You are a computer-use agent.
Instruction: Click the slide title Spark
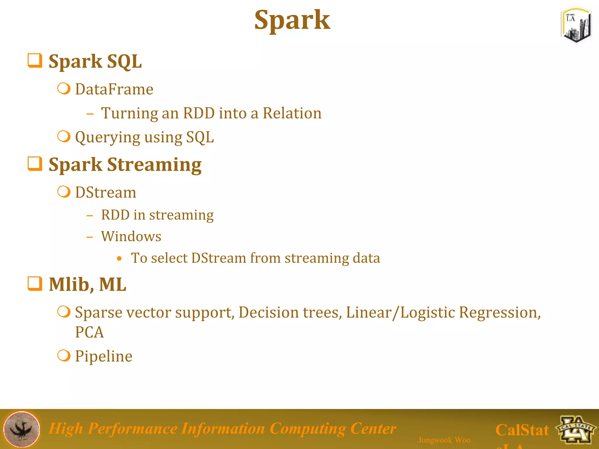(292, 20)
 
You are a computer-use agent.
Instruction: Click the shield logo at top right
(576, 25)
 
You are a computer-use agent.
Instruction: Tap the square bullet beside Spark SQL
(35, 61)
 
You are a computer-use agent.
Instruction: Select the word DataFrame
(114, 89)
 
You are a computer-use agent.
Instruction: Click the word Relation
(292, 113)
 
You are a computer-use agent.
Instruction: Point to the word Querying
(107, 137)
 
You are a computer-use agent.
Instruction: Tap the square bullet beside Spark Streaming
(35, 164)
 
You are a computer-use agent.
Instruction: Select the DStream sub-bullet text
(106, 192)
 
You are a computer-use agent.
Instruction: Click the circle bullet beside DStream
(64, 192)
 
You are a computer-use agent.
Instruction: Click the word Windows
(131, 236)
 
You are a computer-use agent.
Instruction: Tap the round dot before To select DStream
(119, 258)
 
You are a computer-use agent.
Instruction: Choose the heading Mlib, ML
(87, 284)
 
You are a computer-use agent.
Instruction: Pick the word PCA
(89, 332)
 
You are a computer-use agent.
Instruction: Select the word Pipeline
(104, 356)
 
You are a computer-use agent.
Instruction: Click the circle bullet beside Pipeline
(64, 355)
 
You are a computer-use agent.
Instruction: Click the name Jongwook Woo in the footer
(444, 440)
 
